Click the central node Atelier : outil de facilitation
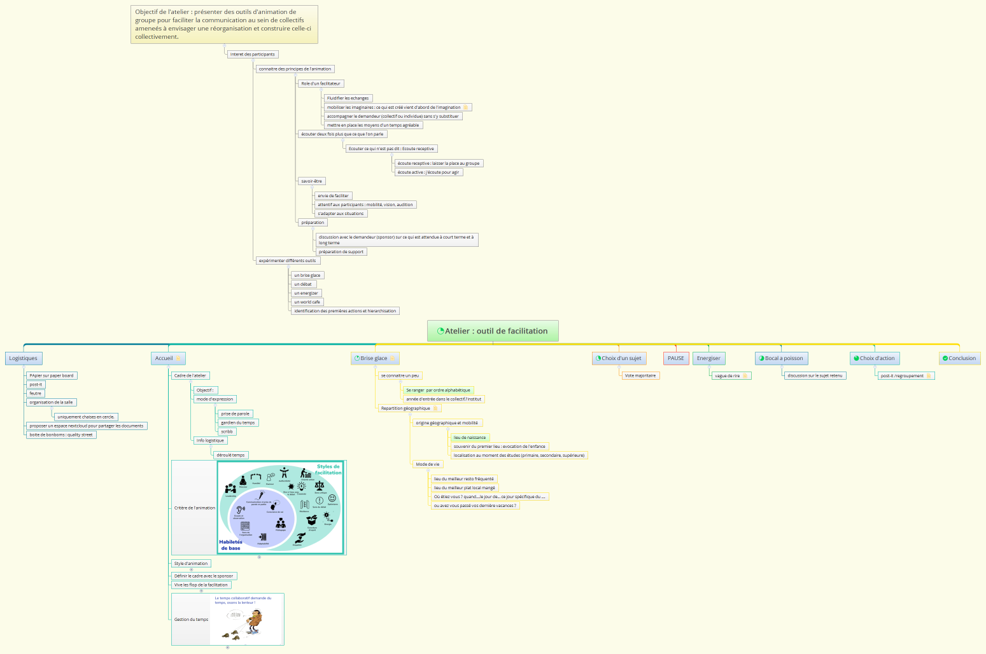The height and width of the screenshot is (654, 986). (x=493, y=331)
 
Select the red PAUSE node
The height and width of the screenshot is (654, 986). (x=675, y=358)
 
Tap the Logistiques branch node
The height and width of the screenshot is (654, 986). (x=24, y=358)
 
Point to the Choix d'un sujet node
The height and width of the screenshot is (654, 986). (x=619, y=358)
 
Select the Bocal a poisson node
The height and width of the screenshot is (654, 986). (x=781, y=358)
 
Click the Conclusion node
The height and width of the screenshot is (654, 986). (x=959, y=358)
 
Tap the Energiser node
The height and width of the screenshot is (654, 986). (x=708, y=358)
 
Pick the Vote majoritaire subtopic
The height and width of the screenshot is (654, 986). (x=640, y=375)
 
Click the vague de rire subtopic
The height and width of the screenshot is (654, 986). (x=728, y=375)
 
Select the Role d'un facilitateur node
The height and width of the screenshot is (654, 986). (x=321, y=83)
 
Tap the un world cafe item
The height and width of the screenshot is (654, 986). (x=307, y=302)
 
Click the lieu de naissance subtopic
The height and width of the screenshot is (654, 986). (x=470, y=437)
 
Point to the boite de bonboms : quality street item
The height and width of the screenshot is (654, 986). (x=61, y=435)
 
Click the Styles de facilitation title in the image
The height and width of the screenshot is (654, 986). (x=328, y=470)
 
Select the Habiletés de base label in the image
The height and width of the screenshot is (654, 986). (x=230, y=545)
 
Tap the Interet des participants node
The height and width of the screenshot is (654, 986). (x=252, y=54)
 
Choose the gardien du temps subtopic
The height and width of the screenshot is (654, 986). (x=238, y=422)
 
